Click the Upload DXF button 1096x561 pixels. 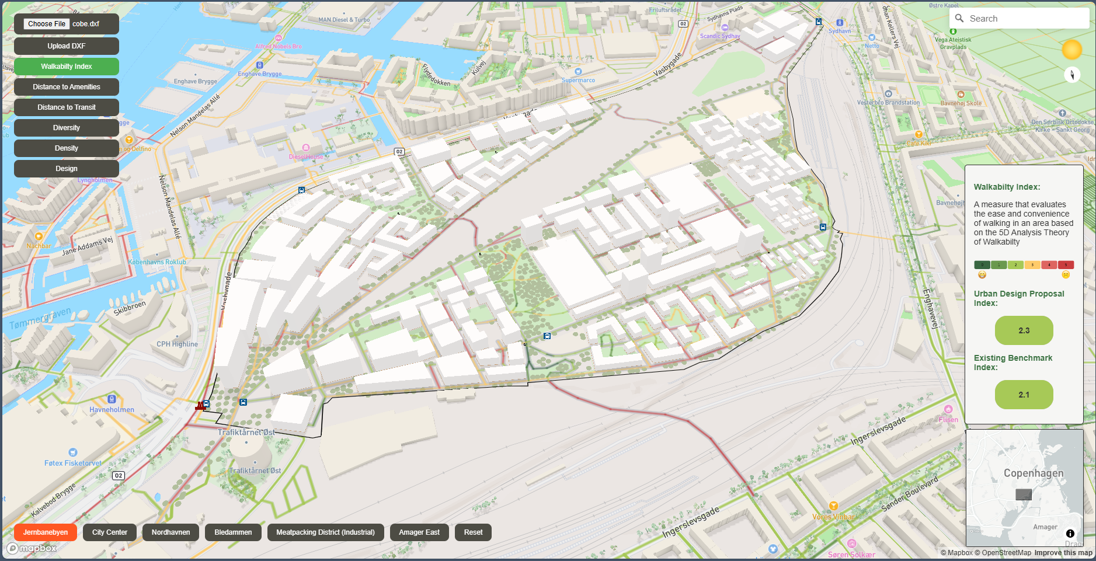point(67,46)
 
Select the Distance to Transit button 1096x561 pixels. point(67,107)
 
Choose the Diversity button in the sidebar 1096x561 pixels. point(67,128)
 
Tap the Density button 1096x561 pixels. point(67,148)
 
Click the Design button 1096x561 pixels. point(67,169)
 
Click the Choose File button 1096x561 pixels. point(47,24)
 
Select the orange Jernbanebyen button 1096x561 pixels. point(46,532)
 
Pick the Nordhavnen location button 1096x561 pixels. point(171,532)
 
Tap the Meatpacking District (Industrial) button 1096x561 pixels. point(325,532)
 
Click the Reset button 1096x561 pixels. point(473,532)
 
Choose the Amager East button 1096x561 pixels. point(419,532)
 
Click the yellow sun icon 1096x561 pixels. point(1071,50)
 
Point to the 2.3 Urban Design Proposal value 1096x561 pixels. point(1024,330)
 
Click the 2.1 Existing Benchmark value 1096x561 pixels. point(1024,395)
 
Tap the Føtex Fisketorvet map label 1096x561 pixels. point(73,463)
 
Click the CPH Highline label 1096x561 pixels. point(177,344)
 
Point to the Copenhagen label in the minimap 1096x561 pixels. point(1033,473)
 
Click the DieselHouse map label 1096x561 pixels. point(306,156)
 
